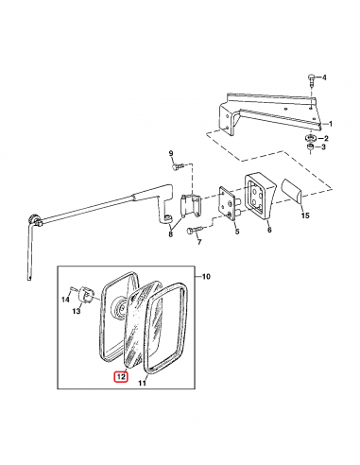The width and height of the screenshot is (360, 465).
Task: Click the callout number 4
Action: [324, 77]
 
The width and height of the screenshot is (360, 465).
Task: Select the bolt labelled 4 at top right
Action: [312, 80]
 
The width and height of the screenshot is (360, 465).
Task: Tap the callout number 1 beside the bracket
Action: [331, 124]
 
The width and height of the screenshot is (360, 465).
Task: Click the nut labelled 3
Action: [311, 147]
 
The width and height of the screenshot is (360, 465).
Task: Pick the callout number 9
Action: [171, 153]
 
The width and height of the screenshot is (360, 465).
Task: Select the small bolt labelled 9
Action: [177, 166]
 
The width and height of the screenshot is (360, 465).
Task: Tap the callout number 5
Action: [237, 232]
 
